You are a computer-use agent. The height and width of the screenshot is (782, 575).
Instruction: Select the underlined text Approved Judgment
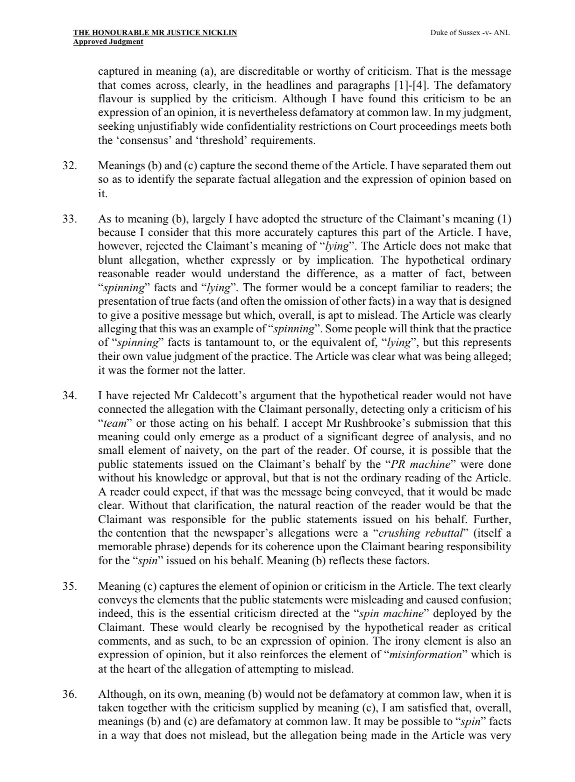[108, 42]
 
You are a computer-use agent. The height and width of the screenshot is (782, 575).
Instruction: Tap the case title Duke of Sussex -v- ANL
[470, 33]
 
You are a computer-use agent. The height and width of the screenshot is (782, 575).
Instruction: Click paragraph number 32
[70, 166]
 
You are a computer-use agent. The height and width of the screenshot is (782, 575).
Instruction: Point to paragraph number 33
[70, 219]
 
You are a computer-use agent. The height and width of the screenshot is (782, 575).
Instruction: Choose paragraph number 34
[70, 396]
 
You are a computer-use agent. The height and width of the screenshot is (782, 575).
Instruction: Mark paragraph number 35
[70, 587]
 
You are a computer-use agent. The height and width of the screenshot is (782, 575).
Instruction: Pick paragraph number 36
[70, 695]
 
